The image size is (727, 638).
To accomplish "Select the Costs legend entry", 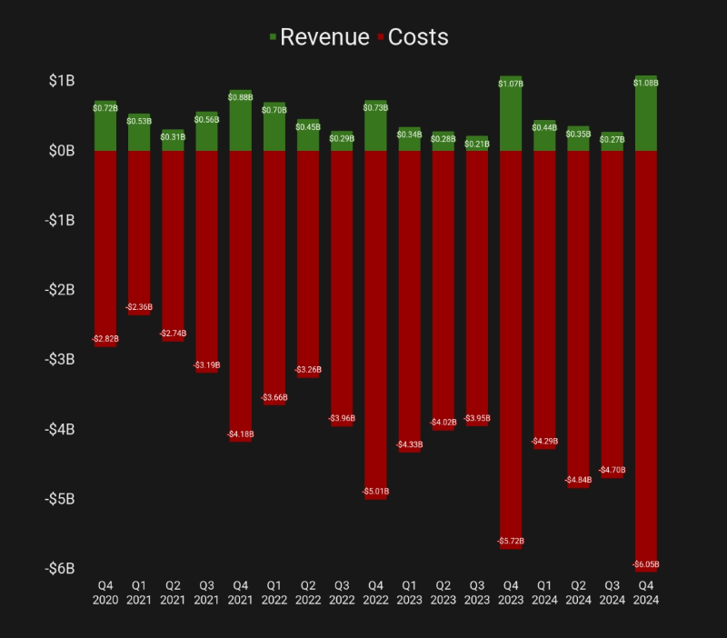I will pos(418,37).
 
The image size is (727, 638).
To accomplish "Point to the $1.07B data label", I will pos(512,84).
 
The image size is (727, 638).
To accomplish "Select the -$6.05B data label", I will pos(647,564).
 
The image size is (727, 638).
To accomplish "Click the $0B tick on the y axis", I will pos(62,151).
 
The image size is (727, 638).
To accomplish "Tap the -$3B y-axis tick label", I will pos(59,360).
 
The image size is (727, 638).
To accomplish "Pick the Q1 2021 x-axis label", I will pos(139,593).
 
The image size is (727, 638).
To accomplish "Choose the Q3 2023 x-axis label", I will pos(477,593).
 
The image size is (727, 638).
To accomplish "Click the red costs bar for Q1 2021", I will pos(139,227).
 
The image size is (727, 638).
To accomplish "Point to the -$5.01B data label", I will pos(376,492).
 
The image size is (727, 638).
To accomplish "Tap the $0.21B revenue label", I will pos(477,144).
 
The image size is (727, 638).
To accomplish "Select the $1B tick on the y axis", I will pos(62,81).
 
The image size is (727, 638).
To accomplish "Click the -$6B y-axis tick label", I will pos(59,569).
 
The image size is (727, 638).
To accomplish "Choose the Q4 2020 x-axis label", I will pos(105,593).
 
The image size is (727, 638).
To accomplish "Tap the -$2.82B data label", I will pos(105,339).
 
